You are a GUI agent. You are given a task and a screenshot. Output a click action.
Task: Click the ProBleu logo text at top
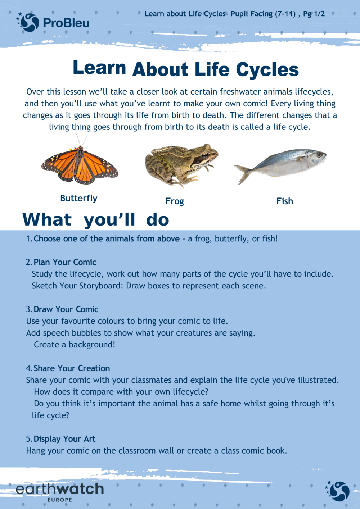coord(66,23)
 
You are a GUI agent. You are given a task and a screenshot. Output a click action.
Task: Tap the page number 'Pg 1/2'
coord(314,14)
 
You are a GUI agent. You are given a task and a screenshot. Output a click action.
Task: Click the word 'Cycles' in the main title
coord(267,69)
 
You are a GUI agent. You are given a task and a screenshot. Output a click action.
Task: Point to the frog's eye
coord(204,156)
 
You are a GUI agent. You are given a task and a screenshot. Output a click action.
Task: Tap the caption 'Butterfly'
coord(79,198)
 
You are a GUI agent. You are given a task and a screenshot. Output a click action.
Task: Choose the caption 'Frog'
coord(175,201)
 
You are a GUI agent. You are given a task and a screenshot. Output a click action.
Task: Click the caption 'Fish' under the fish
coord(284,201)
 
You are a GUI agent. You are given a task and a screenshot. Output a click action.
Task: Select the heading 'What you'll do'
coord(96,219)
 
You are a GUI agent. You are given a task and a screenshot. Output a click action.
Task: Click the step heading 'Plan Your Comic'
coord(65,262)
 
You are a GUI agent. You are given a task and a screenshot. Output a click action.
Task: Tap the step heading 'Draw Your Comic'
coord(66,309)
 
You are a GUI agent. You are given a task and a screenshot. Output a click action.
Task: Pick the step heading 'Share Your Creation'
coord(72,368)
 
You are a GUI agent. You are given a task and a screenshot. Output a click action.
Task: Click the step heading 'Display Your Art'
coord(64,439)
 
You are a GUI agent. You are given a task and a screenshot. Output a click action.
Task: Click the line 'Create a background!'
coord(75,345)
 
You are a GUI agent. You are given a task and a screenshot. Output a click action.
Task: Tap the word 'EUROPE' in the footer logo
coord(60,500)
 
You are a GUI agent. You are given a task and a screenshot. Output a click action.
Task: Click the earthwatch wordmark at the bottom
coord(60,489)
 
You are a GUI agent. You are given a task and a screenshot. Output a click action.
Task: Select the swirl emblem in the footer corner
coord(338,491)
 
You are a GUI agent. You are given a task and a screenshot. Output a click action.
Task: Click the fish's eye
coord(319,155)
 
